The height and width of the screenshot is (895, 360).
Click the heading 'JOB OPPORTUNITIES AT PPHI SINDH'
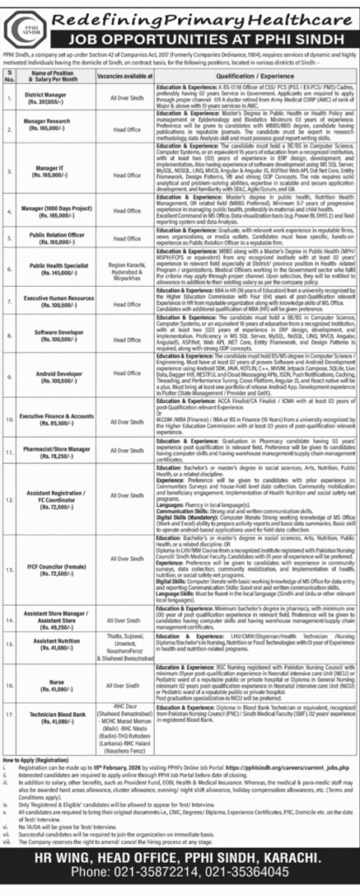pos(204,38)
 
